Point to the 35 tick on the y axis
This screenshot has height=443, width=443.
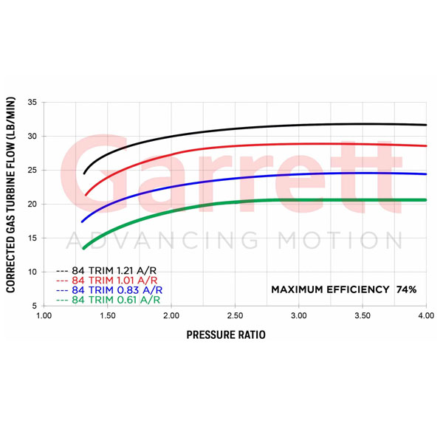click(x=32, y=102)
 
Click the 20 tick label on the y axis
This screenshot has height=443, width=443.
click(x=32, y=204)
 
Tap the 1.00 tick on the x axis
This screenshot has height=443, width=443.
click(x=44, y=315)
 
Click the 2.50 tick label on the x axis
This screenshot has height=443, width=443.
click(x=235, y=315)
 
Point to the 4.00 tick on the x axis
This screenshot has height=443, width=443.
click(x=425, y=315)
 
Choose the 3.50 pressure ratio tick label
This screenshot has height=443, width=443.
click(x=362, y=315)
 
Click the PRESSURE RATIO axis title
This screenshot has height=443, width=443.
click(x=225, y=334)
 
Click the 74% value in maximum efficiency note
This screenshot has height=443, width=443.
click(x=405, y=289)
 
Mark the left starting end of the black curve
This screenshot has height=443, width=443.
click(x=84, y=174)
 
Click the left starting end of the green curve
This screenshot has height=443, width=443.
click(x=83, y=248)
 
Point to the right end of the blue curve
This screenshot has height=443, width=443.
click(x=426, y=174)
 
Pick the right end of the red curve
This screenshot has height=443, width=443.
click(x=426, y=145)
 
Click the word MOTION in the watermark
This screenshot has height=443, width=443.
click(x=340, y=241)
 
